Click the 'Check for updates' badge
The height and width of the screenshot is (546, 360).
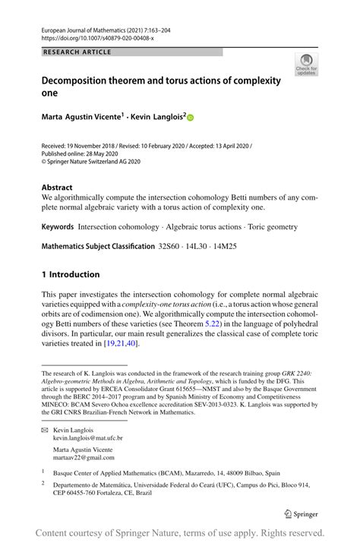(307, 65)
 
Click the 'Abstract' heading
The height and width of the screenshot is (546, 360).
(57, 187)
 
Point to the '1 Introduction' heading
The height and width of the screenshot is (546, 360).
(71, 274)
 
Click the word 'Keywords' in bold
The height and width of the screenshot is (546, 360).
(58, 226)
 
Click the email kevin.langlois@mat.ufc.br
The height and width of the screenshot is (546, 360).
(87, 438)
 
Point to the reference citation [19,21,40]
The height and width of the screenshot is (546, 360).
(122, 342)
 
